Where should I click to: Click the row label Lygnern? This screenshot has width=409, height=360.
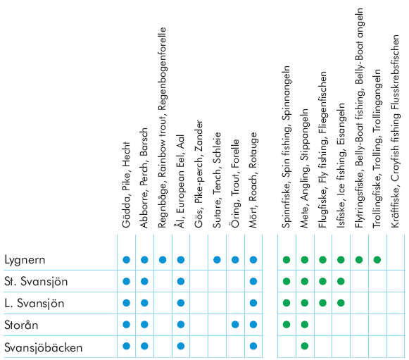tap(25, 260)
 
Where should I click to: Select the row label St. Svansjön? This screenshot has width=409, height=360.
tap(36, 282)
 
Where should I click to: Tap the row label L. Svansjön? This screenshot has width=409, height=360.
tap(34, 304)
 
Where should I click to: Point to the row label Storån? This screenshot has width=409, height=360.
tap(21, 325)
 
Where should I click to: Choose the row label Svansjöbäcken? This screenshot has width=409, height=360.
tap(44, 347)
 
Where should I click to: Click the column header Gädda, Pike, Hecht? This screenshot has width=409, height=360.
tap(126, 185)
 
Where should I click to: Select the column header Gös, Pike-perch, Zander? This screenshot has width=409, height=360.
tap(199, 174)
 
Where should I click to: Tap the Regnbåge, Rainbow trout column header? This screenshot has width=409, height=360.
tap(162, 128)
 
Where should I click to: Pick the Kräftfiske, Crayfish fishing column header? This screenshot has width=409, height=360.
tap(395, 131)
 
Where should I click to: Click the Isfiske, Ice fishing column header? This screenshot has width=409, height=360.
tap(341, 166)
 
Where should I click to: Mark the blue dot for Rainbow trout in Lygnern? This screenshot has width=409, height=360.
tap(163, 260)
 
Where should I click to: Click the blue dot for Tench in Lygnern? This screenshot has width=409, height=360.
tap(217, 260)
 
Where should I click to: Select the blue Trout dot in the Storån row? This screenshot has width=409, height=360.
tap(235, 325)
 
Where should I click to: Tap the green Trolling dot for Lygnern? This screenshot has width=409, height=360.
tap(377, 260)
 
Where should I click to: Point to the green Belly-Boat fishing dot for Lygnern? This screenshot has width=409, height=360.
tap(359, 260)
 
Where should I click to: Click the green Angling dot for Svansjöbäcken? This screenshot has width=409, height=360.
tap(305, 346)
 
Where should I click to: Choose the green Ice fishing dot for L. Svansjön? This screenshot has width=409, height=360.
tap(341, 303)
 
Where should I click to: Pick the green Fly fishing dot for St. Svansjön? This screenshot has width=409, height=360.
tap(322, 281)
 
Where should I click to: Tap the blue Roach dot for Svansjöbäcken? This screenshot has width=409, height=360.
tap(253, 346)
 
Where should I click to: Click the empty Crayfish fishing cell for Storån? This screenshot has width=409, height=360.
tap(396, 325)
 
